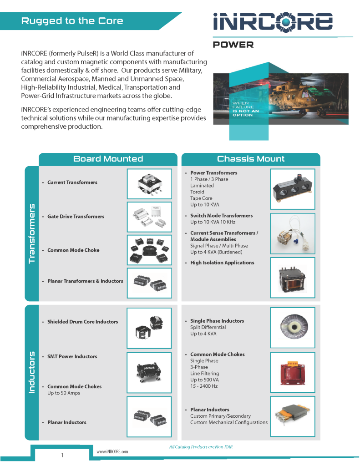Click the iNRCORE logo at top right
[273, 21]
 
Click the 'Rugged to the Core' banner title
[72, 21]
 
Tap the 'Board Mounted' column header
[108, 159]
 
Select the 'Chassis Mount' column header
[251, 159]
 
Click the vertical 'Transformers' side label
[31, 233]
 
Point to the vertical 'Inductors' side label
[31, 372]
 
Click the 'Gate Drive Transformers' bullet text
[76, 216]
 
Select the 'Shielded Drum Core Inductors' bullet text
[83, 322]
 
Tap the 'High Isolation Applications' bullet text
[223, 263]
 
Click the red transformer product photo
[293, 372]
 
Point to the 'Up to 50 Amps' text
[64, 393]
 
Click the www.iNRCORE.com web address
[112, 452]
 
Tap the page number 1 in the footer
[62, 455]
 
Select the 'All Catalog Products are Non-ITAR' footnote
[201, 447]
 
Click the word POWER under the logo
[233, 45]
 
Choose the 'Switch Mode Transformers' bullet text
[222, 215]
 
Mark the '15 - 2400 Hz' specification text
[204, 386]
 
